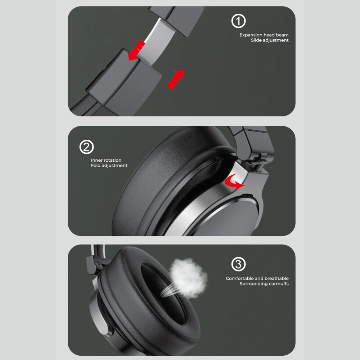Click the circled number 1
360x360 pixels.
[x=238, y=21]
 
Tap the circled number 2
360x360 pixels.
[x=86, y=147]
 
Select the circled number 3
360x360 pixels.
[x=238, y=264]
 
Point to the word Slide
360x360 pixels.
[x=256, y=40]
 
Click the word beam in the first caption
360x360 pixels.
[x=282, y=35]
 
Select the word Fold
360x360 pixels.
[x=95, y=165]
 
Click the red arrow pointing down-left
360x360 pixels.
[x=136, y=51]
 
